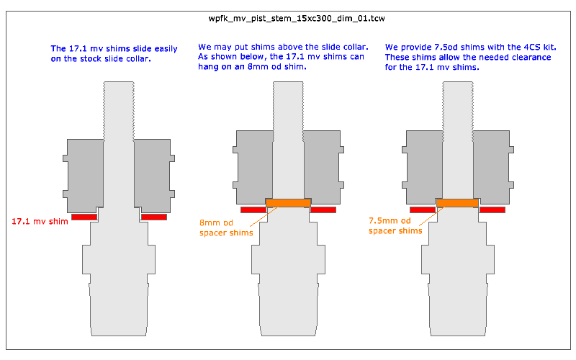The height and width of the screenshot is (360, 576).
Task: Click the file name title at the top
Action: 297,19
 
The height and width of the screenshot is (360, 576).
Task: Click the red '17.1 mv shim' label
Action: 40,221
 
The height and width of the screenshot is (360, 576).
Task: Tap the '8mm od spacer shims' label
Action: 226,228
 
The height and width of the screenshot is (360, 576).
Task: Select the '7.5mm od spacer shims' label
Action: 395,225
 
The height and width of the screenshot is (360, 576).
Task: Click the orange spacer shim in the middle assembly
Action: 289,203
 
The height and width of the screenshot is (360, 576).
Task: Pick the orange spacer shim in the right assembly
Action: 458,203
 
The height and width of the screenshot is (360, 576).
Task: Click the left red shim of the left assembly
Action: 84,217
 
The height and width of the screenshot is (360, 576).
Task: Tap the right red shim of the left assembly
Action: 154,217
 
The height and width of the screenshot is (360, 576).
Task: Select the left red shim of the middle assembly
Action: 253,210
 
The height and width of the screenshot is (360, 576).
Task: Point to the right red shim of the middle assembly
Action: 323,210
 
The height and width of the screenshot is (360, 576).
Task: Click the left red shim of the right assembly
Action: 423,210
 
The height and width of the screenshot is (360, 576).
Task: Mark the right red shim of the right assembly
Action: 492,210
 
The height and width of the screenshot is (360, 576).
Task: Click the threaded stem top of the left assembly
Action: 119,110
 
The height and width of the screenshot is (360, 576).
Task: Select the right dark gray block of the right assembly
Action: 493,167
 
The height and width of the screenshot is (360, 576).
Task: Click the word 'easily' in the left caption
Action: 166,49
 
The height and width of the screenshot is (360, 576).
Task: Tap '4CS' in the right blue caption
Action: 532,47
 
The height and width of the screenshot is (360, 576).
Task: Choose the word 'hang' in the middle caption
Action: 207,67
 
